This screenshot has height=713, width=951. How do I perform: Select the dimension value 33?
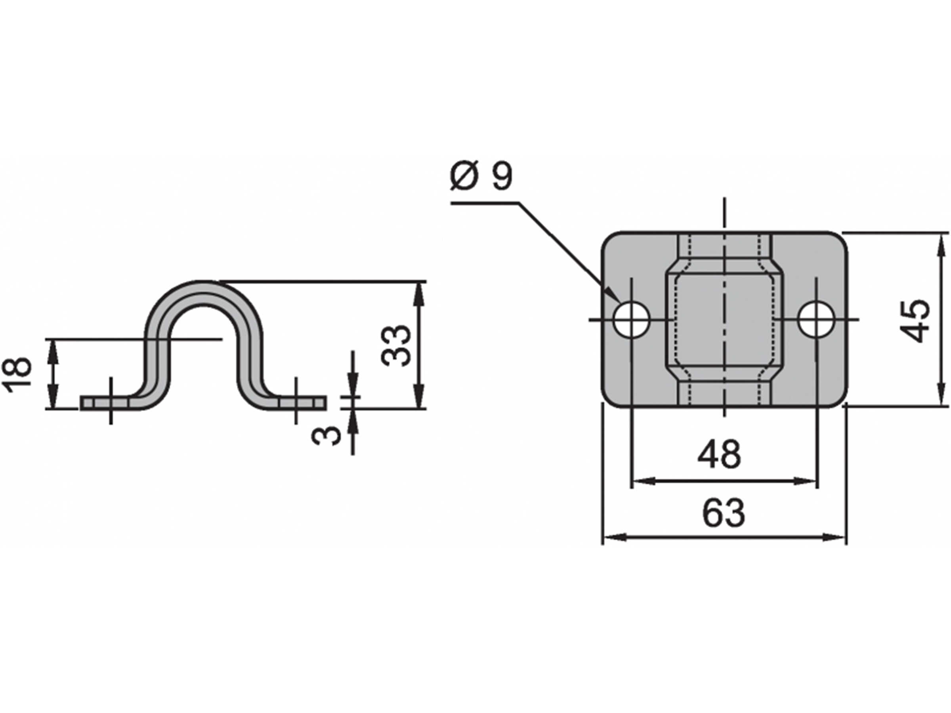(x=396, y=346)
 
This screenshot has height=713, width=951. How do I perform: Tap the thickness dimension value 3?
(x=326, y=435)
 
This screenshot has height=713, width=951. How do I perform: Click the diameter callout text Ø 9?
(x=481, y=176)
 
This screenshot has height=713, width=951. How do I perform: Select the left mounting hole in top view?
(x=631, y=319)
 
